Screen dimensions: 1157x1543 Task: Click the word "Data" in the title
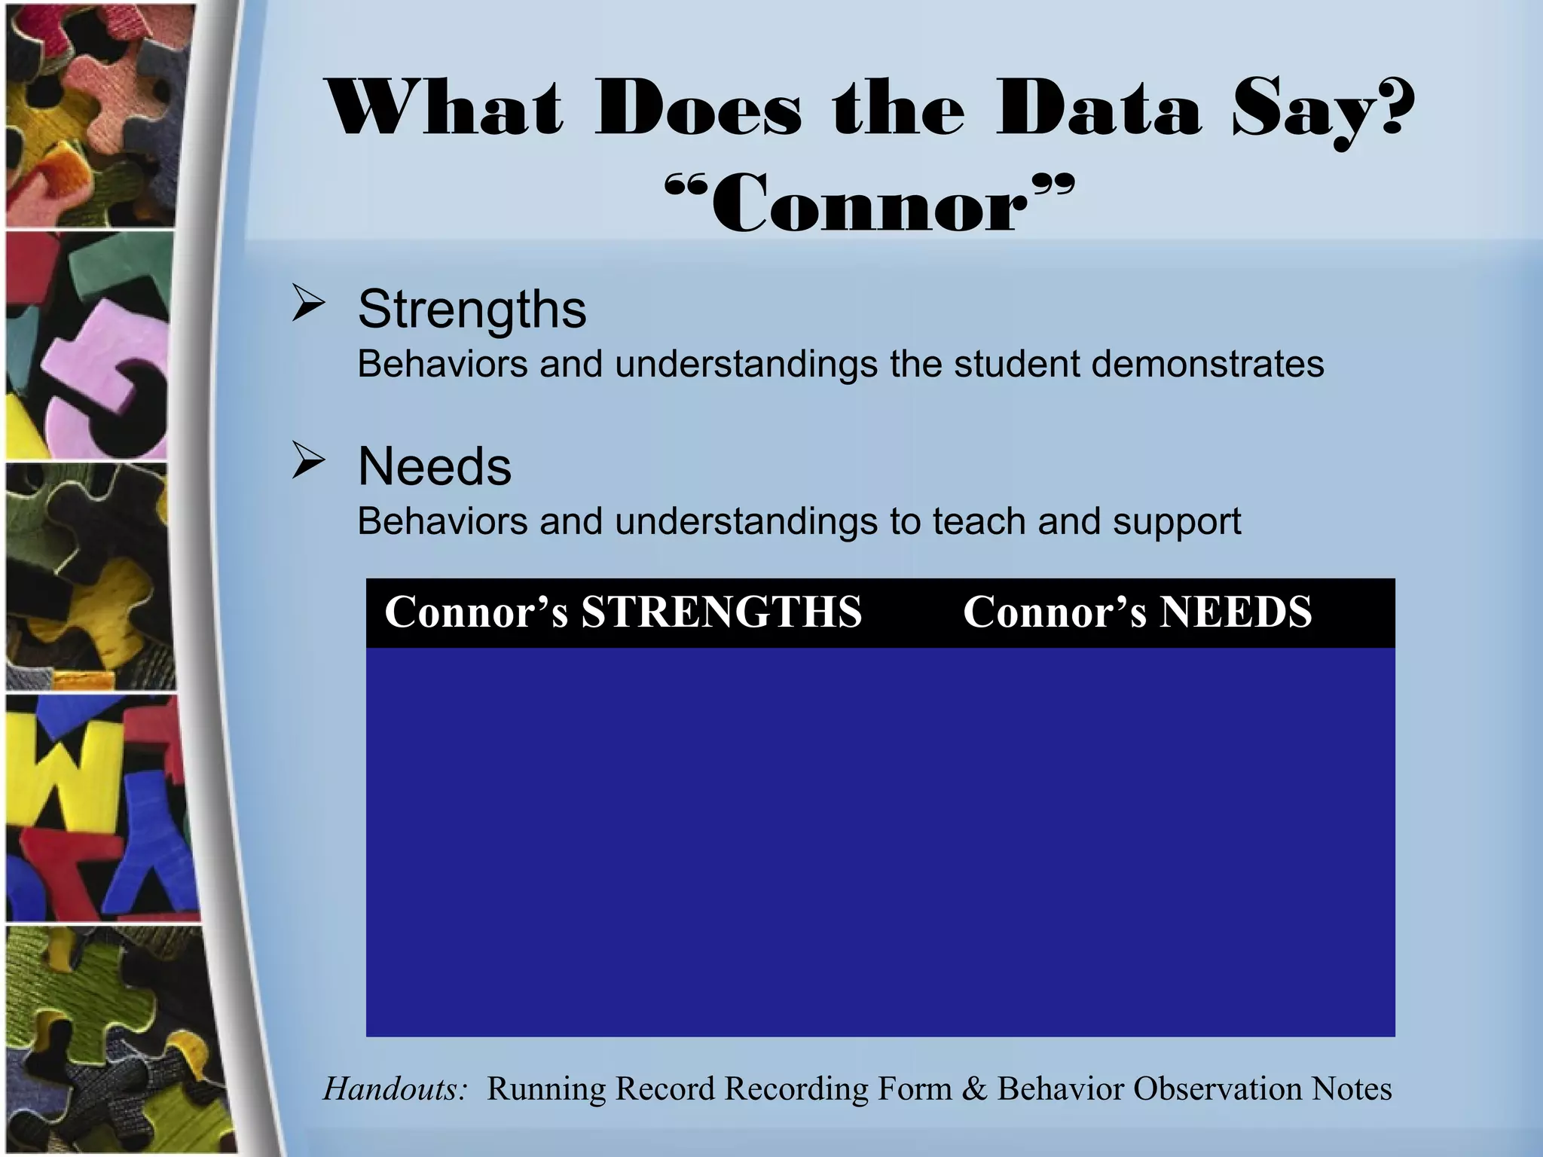tap(1097, 111)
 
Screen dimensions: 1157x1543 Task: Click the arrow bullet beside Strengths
tap(308, 307)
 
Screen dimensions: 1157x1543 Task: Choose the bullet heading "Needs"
tap(435, 466)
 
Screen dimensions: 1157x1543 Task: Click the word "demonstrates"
tap(1207, 365)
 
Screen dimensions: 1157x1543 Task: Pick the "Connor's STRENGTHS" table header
tap(623, 612)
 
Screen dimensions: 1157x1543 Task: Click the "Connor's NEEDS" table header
tap(1138, 612)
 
